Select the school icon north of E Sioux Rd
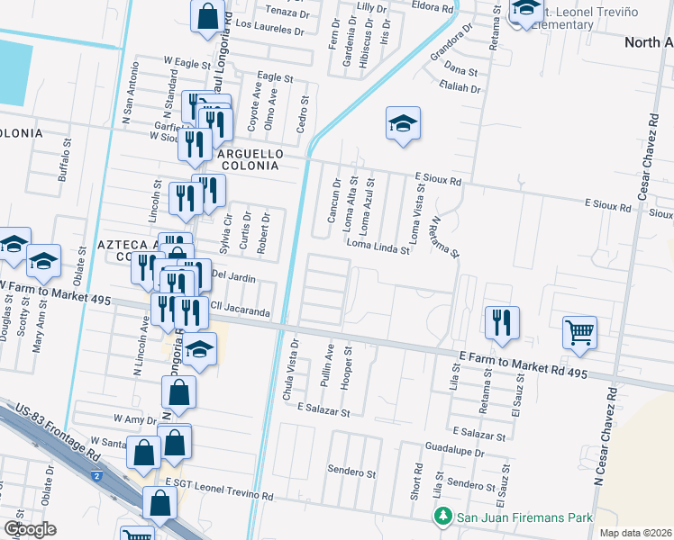click(403, 125)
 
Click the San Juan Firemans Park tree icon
click(442, 517)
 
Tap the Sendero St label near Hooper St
click(351, 472)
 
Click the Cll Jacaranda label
click(241, 312)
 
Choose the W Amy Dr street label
click(135, 419)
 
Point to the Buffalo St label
click(63, 160)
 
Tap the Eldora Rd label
click(432, 7)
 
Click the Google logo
click(29, 529)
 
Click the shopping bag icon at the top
click(207, 16)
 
